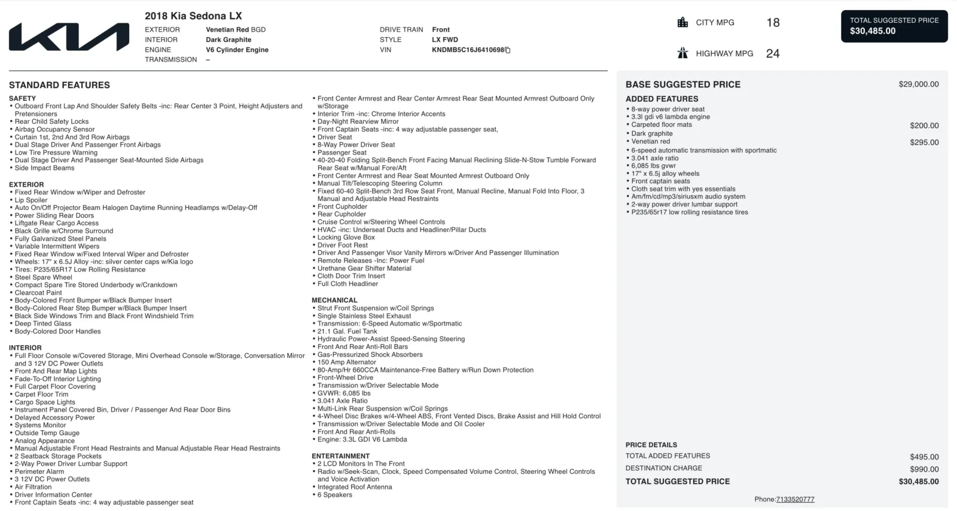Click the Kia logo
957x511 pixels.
[69, 37]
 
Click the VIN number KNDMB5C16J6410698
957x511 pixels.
[468, 50]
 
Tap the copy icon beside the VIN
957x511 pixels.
[508, 50]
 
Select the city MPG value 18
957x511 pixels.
[773, 23]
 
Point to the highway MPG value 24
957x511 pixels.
[773, 54]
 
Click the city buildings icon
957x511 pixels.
[682, 23]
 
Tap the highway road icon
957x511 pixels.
[682, 53]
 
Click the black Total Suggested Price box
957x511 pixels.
[894, 26]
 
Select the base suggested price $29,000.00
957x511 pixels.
[918, 84]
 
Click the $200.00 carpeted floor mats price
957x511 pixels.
[924, 126]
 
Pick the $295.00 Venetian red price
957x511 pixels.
[924, 142]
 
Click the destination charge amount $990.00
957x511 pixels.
[924, 469]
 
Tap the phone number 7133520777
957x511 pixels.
[795, 500]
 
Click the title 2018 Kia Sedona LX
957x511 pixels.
[193, 16]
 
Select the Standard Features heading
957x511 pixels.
[59, 85]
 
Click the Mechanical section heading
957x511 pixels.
[334, 300]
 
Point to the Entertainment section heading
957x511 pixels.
[340, 456]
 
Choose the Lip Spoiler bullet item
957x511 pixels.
[31, 200]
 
